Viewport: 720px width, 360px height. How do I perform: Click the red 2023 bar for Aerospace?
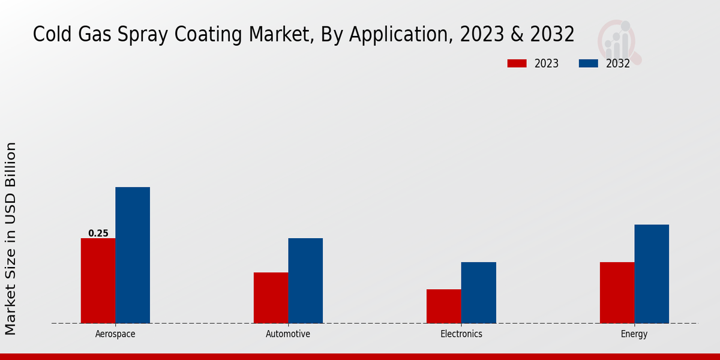[x=98, y=281]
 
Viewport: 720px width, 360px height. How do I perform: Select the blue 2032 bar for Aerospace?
[x=133, y=255]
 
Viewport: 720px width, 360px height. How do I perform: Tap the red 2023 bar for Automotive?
[x=271, y=298]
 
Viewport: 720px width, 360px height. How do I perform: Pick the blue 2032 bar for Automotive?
[x=305, y=281]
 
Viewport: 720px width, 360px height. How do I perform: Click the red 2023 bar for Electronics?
[x=444, y=306]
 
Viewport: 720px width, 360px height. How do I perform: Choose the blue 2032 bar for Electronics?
[x=479, y=293]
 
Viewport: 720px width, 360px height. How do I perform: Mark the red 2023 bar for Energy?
[x=617, y=293]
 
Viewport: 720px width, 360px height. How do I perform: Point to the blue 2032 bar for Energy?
[x=652, y=274]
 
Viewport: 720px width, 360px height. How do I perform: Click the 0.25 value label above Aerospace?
[x=98, y=233]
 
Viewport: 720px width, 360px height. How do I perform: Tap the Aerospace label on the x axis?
[x=115, y=334]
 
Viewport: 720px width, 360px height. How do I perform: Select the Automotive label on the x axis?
[x=288, y=334]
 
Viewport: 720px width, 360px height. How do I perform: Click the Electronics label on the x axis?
[x=461, y=334]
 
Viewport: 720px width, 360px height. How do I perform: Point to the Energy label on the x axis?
[x=634, y=334]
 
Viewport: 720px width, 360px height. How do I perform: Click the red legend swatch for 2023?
[x=517, y=64]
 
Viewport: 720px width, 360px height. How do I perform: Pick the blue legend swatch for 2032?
[x=589, y=64]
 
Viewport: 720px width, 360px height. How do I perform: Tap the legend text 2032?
[x=618, y=64]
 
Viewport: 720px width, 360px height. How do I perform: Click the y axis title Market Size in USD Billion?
[x=11, y=239]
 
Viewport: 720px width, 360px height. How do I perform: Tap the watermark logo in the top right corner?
[x=619, y=41]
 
